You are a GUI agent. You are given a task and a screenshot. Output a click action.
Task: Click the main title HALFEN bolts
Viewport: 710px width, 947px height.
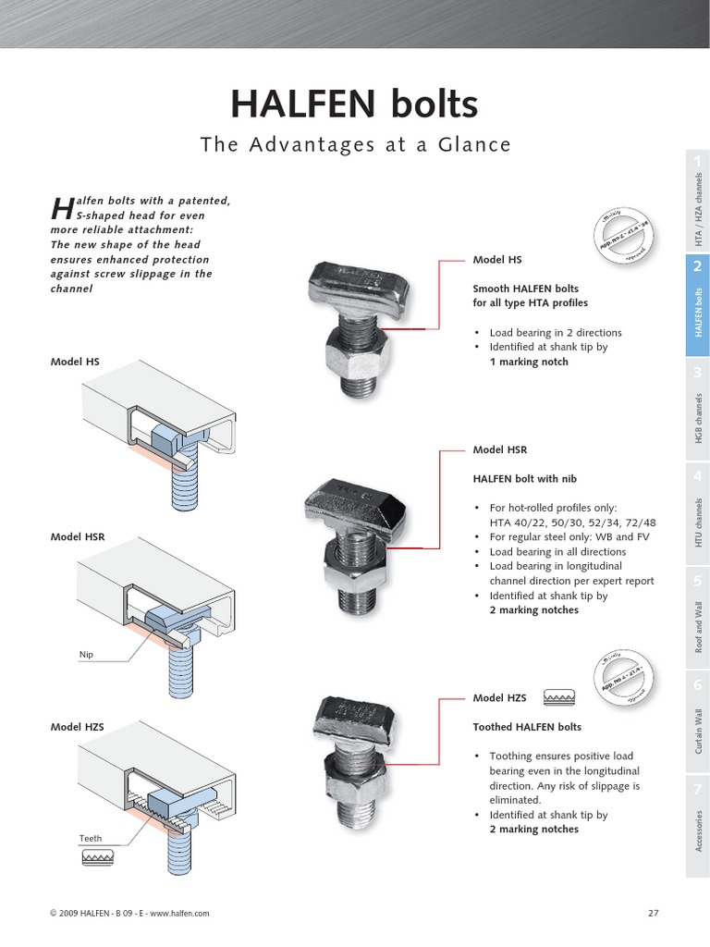tap(354, 105)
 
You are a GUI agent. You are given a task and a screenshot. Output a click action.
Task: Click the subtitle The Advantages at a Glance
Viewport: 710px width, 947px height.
tap(355, 144)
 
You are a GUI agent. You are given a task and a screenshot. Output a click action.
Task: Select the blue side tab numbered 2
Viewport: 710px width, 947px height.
tap(698, 304)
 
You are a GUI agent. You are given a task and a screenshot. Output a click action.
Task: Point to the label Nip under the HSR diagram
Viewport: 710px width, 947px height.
tap(86, 655)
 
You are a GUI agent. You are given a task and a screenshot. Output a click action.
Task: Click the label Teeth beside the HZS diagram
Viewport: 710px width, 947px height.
tap(90, 839)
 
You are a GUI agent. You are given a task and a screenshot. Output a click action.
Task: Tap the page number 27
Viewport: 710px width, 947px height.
tap(653, 913)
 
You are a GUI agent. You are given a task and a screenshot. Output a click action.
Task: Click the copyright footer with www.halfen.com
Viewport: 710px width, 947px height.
tap(129, 913)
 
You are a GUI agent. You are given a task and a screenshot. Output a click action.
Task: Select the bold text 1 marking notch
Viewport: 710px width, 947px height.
tap(529, 363)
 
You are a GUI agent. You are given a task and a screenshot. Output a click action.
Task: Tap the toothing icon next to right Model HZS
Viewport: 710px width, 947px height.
tap(559, 695)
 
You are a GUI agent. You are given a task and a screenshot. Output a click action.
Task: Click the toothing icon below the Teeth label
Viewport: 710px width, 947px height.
tap(94, 857)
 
